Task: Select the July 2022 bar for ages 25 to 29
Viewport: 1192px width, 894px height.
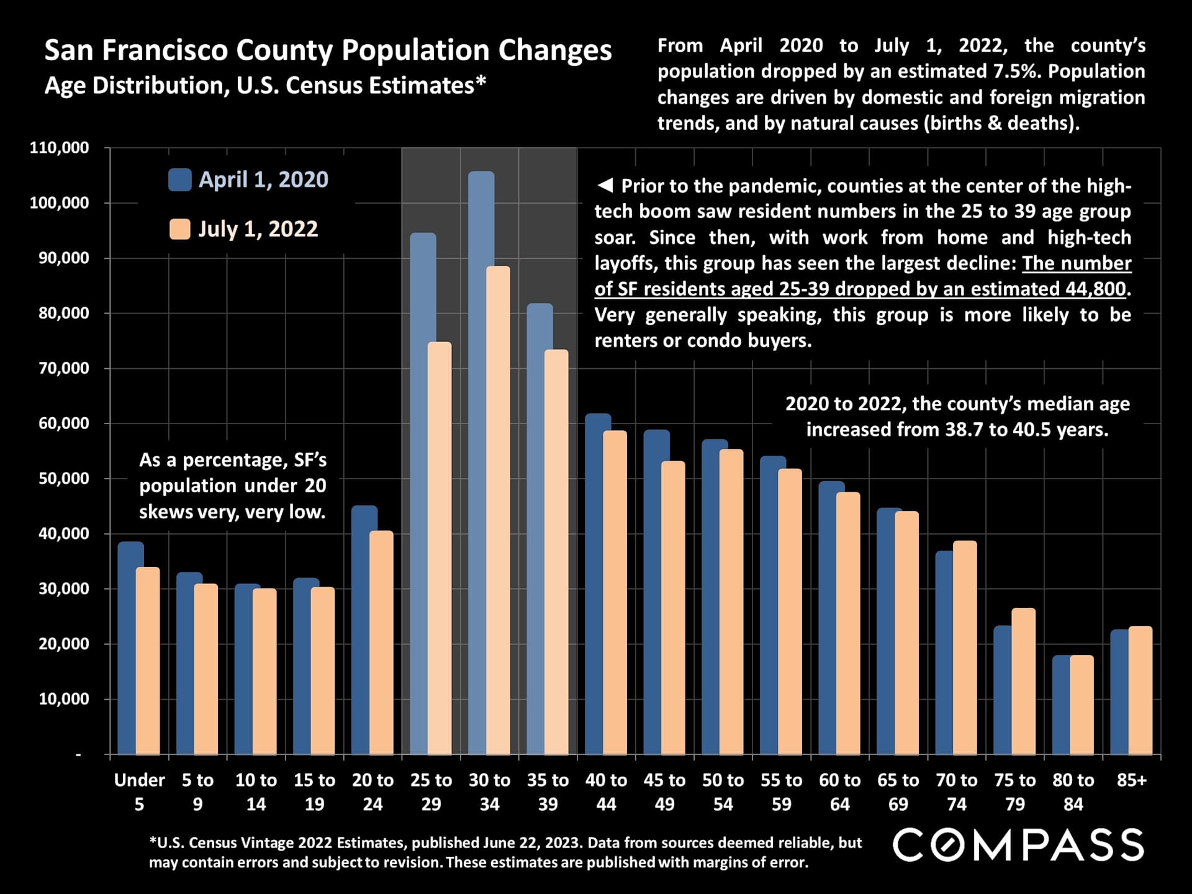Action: coord(440,546)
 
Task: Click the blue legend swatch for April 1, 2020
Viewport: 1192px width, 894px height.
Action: coord(179,180)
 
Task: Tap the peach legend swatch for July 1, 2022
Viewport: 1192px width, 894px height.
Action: coord(179,229)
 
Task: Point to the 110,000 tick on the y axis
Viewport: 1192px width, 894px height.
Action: coord(60,148)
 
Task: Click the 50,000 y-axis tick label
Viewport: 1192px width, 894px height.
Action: coord(60,479)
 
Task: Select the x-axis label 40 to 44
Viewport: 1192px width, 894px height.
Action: coord(606,792)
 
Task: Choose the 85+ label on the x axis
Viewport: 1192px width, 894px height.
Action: coord(1131,780)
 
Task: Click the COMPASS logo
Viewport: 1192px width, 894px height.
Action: coord(1018,845)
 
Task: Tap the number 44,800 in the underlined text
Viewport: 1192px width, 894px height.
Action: coord(1095,289)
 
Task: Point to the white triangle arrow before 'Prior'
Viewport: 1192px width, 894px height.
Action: coord(604,185)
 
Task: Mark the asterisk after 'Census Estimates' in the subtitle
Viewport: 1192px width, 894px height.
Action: coord(481,83)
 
